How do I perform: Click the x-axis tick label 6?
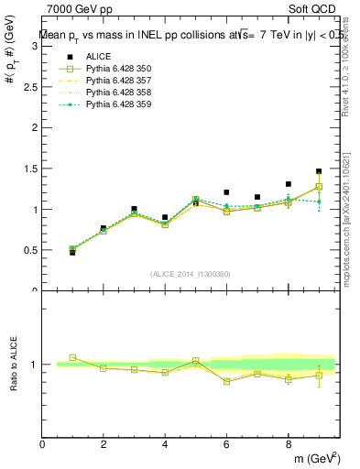(226, 444)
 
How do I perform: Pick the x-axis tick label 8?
(288, 444)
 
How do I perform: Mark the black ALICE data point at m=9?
(319, 171)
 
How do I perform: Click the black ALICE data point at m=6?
(226, 192)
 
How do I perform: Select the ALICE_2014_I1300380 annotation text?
(190, 274)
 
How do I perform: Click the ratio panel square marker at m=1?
(72, 357)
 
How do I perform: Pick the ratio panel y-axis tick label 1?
(35, 365)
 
